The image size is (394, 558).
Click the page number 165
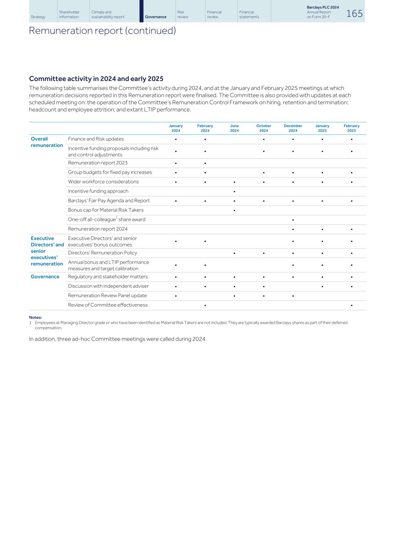tap(354, 14)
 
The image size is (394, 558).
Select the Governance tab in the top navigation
tap(156, 17)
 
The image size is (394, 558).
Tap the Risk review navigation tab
tap(183, 15)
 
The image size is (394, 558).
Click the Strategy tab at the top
tap(38, 17)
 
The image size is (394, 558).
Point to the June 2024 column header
tap(234, 128)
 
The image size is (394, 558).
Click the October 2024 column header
tap(263, 128)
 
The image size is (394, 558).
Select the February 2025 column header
tap(351, 128)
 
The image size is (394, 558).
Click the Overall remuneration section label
tap(47, 142)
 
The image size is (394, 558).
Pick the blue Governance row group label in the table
tap(45, 277)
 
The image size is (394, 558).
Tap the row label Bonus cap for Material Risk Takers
tap(106, 210)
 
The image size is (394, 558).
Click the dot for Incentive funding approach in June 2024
tap(234, 191)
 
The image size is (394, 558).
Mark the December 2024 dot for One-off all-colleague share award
tap(293, 220)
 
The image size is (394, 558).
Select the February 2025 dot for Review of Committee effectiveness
tap(351, 305)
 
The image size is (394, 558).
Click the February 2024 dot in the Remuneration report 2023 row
tap(205, 163)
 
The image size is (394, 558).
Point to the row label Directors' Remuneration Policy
tap(102, 253)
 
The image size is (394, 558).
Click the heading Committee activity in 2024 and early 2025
tap(96, 79)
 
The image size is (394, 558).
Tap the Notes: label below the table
tap(36, 318)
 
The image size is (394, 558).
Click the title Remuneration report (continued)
tap(102, 31)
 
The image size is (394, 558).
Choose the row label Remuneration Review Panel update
tap(107, 296)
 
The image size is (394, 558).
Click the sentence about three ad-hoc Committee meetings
tap(118, 339)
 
